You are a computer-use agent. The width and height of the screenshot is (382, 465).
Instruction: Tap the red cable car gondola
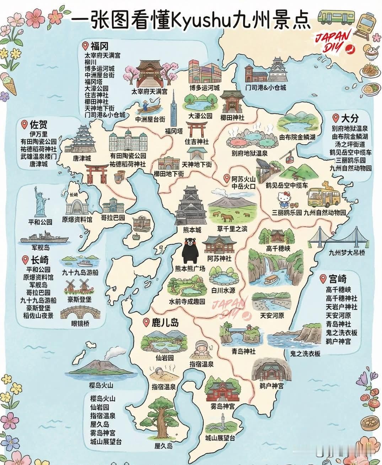tap(288, 156)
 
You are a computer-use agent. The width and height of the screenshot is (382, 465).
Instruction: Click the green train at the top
tap(332, 15)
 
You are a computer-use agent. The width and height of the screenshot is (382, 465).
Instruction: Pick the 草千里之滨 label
tap(232, 228)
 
